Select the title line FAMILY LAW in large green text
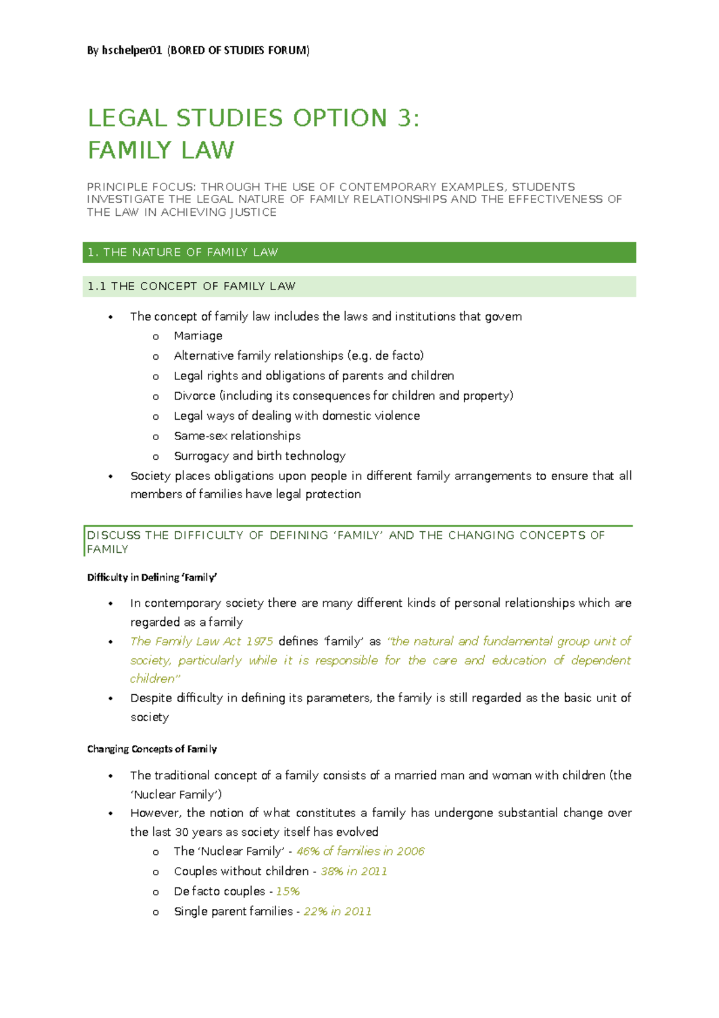tap(161, 150)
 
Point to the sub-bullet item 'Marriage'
tap(198, 336)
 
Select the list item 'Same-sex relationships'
tap(237, 436)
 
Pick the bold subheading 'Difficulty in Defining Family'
tap(152, 577)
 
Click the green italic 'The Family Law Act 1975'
tap(201, 641)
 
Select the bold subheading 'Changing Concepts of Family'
tap(152, 749)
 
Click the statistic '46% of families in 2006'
tap(360, 851)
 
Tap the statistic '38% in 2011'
tap(354, 872)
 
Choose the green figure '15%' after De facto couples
tap(288, 891)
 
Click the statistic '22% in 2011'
tap(337, 912)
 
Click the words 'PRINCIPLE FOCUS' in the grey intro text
tap(140, 187)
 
